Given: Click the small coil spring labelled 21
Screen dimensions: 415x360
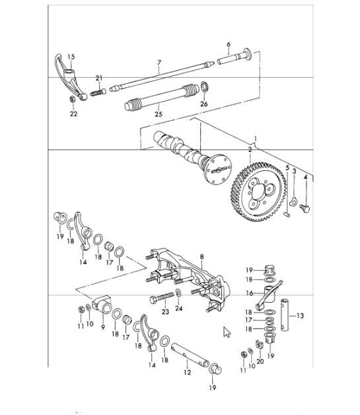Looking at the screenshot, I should (98, 91).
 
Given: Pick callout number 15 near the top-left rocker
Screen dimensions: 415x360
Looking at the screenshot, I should (71, 57).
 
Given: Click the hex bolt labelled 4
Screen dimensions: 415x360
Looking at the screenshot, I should (305, 208).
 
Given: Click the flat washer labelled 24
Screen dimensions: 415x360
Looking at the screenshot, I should (180, 293).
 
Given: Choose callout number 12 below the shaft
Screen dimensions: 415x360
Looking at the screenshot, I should (188, 373).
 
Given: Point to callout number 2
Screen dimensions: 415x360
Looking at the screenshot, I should (249, 149).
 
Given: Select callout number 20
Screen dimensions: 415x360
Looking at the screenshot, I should (260, 362).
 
